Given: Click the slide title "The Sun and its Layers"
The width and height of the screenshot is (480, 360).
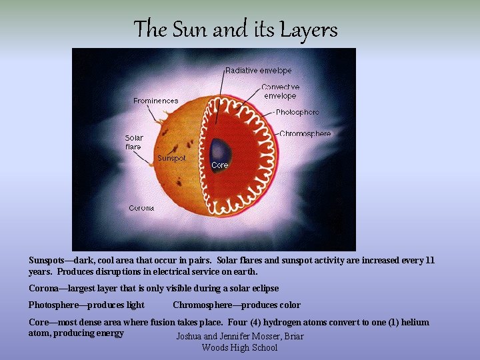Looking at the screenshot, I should click(x=235, y=30).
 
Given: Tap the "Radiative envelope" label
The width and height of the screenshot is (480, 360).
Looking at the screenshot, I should click(x=258, y=70).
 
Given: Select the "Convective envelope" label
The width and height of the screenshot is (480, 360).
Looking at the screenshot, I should click(x=280, y=91).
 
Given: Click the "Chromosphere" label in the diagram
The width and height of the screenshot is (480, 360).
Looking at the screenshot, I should click(x=305, y=133).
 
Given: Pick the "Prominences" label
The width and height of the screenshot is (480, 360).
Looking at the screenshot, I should click(x=156, y=101).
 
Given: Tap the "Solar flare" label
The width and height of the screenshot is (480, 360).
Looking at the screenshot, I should click(x=134, y=142).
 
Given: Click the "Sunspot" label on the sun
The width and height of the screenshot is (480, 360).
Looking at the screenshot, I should click(x=171, y=158).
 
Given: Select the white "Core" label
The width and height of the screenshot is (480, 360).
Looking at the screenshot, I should click(x=219, y=165).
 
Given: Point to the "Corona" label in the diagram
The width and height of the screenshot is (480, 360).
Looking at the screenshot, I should click(x=141, y=208).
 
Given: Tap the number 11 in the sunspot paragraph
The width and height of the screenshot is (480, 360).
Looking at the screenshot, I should click(x=429, y=261).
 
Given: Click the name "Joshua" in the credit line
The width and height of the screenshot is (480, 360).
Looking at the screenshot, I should click(x=191, y=337).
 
